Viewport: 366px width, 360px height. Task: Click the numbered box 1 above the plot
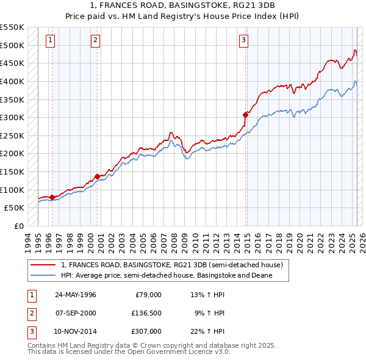click(49, 41)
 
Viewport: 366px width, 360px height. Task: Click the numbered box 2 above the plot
click(96, 41)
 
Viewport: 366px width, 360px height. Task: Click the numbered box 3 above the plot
click(243, 41)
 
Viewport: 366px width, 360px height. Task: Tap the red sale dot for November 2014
click(245, 114)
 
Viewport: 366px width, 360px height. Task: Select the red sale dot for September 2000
click(97, 176)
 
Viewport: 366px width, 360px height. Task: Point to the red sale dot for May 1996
click(52, 197)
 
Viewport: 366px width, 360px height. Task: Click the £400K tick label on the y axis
click(12, 81)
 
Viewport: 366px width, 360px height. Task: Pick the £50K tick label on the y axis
click(15, 208)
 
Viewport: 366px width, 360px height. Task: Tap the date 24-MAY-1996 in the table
click(76, 295)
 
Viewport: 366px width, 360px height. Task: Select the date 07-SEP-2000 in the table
click(76, 313)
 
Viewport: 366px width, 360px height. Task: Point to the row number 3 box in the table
click(31, 331)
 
